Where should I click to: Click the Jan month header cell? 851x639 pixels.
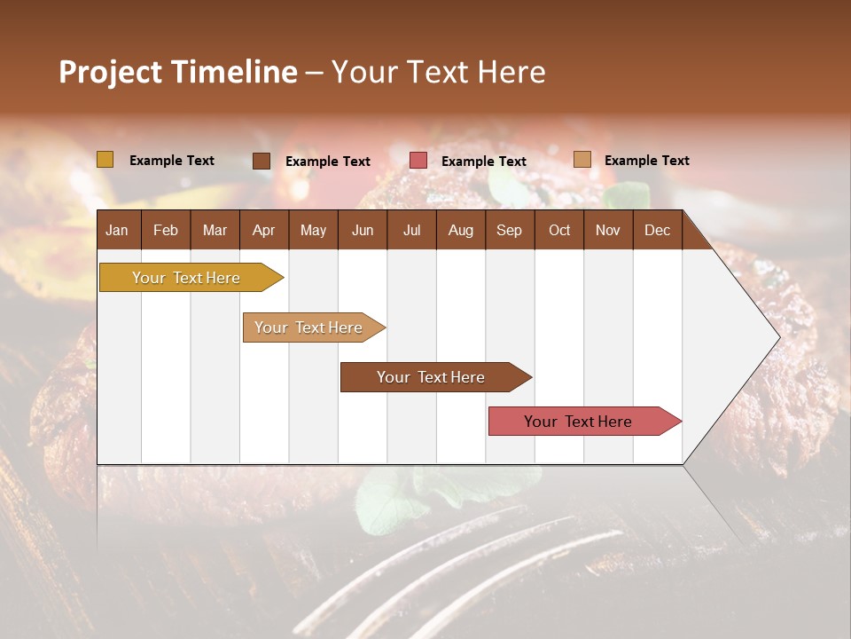click(x=118, y=230)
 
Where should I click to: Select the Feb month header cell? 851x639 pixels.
click(x=166, y=230)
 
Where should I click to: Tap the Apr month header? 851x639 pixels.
click(x=263, y=230)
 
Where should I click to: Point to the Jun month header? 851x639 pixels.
click(x=363, y=230)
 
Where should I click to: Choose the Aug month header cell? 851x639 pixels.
click(x=460, y=230)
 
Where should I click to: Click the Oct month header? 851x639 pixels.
click(x=559, y=230)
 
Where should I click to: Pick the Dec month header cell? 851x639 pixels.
click(x=657, y=230)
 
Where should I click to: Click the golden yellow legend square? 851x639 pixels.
click(x=105, y=160)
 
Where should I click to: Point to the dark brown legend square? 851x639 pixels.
click(x=262, y=161)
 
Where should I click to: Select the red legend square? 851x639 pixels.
click(x=418, y=161)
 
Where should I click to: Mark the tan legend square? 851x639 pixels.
click(x=582, y=160)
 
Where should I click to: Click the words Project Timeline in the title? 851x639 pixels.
click(x=177, y=72)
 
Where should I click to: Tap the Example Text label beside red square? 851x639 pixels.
click(x=483, y=162)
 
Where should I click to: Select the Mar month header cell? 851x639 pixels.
click(x=215, y=230)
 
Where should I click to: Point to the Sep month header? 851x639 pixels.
click(x=509, y=230)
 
